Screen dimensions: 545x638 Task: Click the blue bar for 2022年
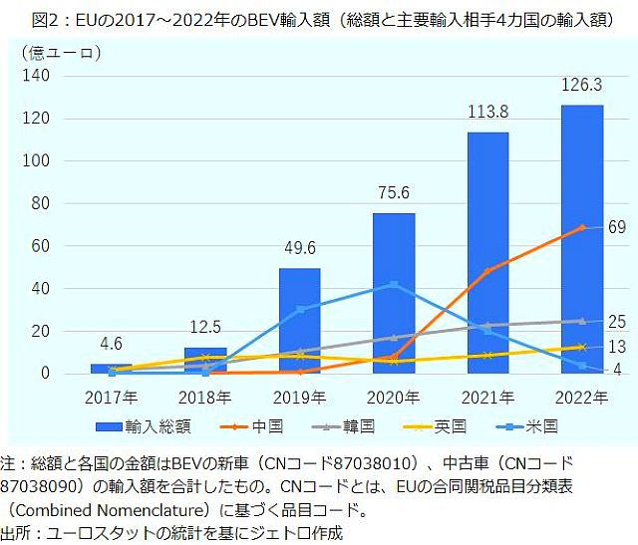pyautogui.click(x=582, y=239)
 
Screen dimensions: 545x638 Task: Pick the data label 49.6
pyautogui.click(x=299, y=248)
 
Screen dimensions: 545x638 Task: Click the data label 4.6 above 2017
pyautogui.click(x=111, y=345)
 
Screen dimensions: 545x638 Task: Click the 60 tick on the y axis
pyautogui.click(x=43, y=246)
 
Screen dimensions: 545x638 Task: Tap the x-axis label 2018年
pyautogui.click(x=204, y=397)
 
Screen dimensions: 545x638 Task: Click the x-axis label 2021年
pyautogui.click(x=487, y=397)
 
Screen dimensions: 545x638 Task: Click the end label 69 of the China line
pyautogui.click(x=617, y=228)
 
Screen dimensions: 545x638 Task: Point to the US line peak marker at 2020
pyautogui.click(x=394, y=285)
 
